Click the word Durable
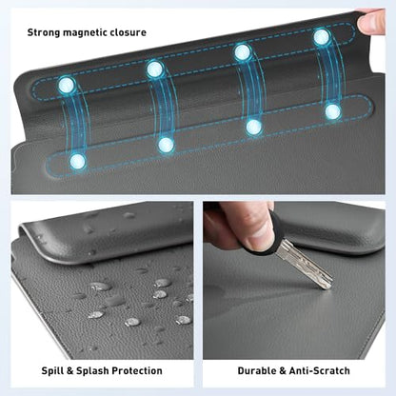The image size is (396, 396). (257, 370)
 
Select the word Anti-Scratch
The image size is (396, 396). (319, 370)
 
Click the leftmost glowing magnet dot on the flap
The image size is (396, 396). (67, 85)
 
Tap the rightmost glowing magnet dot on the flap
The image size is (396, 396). (322, 37)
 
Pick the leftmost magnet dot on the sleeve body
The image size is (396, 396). (77, 161)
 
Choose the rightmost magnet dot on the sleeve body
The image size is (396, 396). (333, 111)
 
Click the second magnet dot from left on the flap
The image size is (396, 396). (155, 69)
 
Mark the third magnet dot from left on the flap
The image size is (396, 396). (243, 51)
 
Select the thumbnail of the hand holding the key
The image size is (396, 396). (260, 235)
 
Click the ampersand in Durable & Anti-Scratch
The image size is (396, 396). (283, 371)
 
